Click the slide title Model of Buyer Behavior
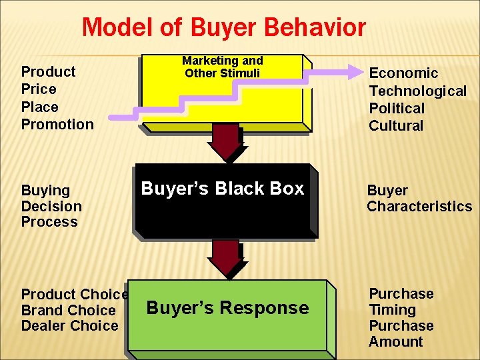point(224,28)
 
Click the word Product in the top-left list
point(49,71)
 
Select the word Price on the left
point(39,89)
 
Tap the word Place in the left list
point(40,107)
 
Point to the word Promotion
point(57,124)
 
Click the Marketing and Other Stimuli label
point(223,67)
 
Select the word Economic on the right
point(403,73)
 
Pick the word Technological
point(418,91)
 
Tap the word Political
point(397,108)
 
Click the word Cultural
point(396,125)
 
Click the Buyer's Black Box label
point(223,189)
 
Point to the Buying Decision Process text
point(51,206)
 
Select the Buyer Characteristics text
point(419,199)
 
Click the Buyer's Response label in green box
point(227,308)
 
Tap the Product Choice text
point(75,294)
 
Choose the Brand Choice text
point(69,310)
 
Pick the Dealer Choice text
point(70,326)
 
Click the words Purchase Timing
point(401,301)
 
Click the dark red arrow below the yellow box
point(226,142)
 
